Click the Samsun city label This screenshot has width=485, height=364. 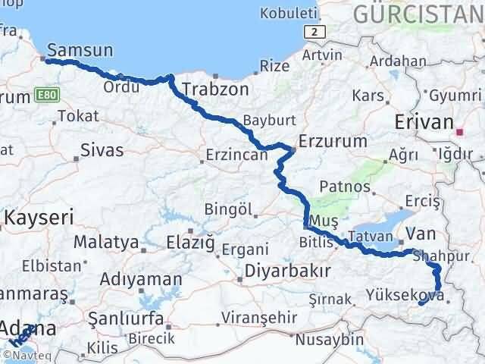(80, 50)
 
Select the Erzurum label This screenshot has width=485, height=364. (333, 141)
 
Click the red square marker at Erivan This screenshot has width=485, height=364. (459, 131)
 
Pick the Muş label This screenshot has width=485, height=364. (329, 220)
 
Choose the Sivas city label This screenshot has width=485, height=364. (102, 150)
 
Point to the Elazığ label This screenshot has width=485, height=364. (191, 243)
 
